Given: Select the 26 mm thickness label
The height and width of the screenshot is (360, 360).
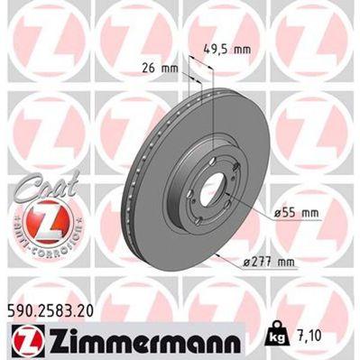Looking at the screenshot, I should click(161, 65).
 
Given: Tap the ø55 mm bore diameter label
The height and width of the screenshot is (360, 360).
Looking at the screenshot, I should click(295, 212).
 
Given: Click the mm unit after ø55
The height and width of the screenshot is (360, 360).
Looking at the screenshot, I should click(309, 212).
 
